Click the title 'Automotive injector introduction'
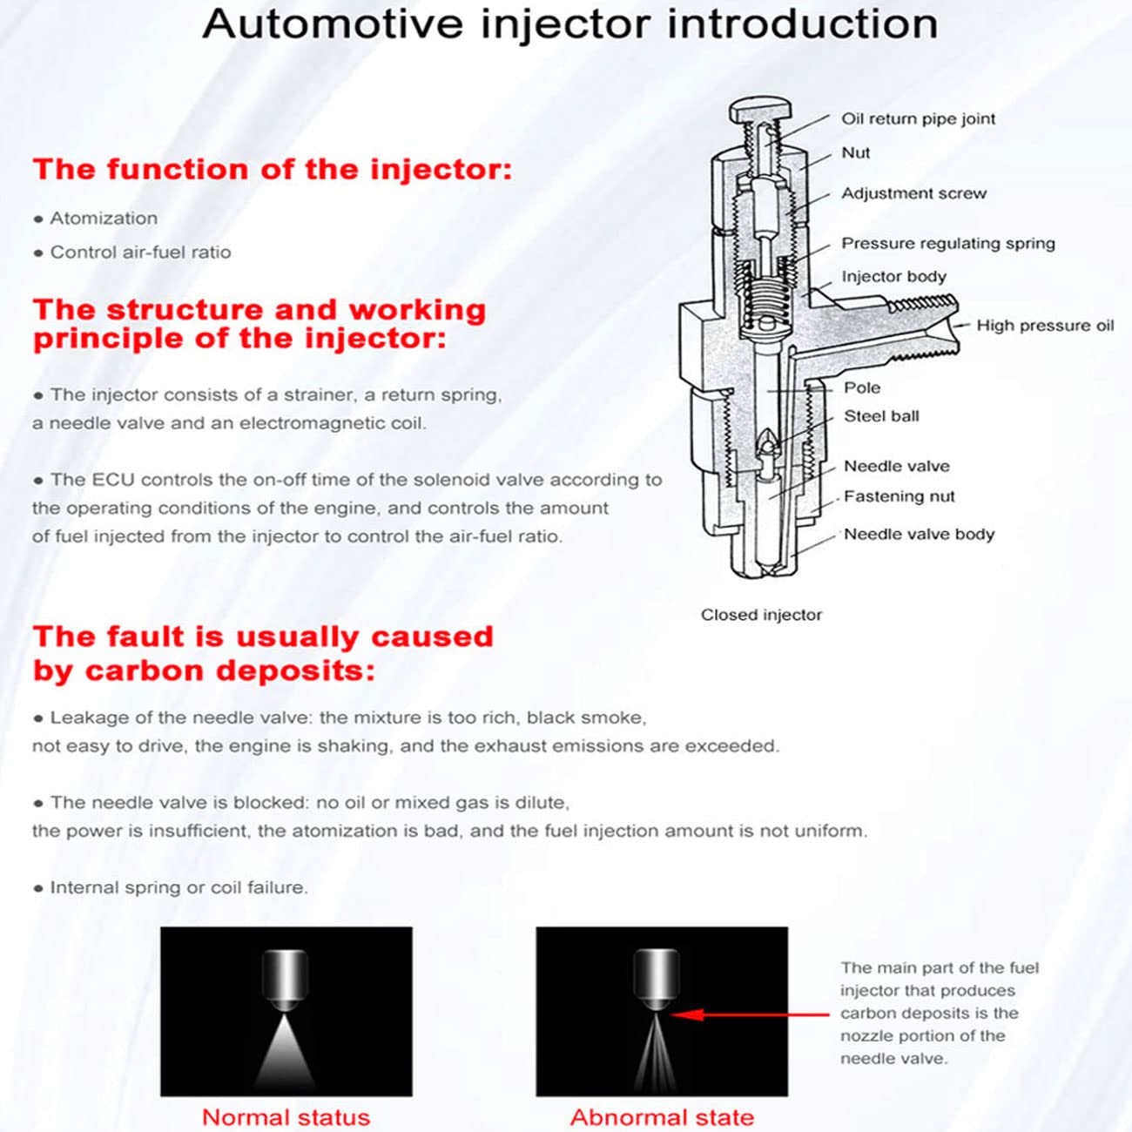pos(570,24)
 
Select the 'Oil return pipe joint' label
pos(918,119)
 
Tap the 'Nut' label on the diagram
pos(855,153)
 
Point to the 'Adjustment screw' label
pos(913,193)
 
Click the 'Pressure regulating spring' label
pos(947,244)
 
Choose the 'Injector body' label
pos(893,277)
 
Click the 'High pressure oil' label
pos(1044,326)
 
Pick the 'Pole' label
pos(861,387)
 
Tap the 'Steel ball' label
pos(881,416)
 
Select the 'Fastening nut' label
pos(899,496)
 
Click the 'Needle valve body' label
pos(919,535)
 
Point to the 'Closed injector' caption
pos(761,615)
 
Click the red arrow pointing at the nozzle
pos(749,1014)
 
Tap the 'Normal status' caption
pos(286,1117)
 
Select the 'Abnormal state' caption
pos(662,1117)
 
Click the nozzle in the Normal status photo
pos(285,980)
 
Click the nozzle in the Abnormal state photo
pos(656,980)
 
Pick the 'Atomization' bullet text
pos(104,219)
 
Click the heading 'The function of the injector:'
pos(273,169)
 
